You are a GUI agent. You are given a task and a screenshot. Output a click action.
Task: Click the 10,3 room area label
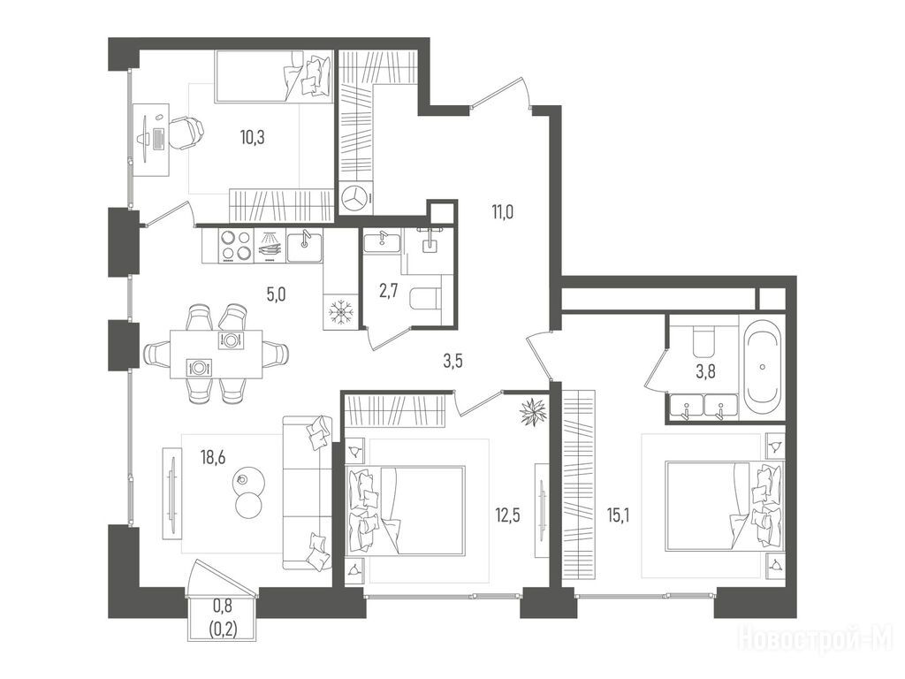pos(253,138)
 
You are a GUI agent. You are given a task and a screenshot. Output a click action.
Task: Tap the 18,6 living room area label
pos(213,458)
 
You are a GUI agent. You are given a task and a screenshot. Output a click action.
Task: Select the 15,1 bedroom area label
pos(618,515)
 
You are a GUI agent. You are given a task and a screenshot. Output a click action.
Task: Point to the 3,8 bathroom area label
pos(705,372)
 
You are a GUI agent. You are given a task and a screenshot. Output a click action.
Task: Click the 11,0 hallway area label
pos(503,213)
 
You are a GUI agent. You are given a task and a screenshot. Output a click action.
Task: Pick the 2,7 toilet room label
pos(389,291)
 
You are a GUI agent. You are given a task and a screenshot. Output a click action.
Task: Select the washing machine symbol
pos(355,199)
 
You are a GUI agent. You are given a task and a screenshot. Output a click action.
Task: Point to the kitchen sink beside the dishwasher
pos(305,247)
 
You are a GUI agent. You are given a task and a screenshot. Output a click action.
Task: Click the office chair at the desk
pos(186,133)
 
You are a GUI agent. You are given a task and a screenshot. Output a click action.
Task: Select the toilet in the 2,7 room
pos(425,299)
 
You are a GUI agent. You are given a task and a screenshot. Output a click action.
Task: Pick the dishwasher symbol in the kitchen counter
pos(270,247)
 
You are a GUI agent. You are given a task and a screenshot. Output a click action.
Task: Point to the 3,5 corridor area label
pos(452,362)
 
